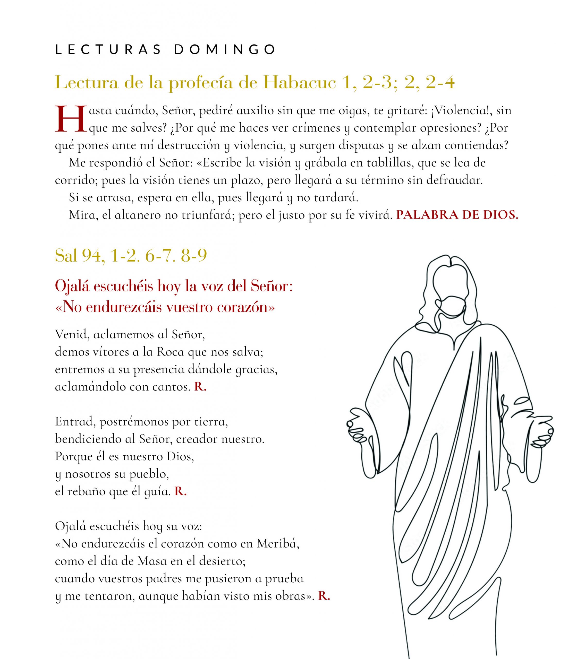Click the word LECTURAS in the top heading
(x=108, y=49)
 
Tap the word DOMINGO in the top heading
(x=225, y=49)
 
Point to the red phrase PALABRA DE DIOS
(x=457, y=215)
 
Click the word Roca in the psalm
(x=170, y=352)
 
